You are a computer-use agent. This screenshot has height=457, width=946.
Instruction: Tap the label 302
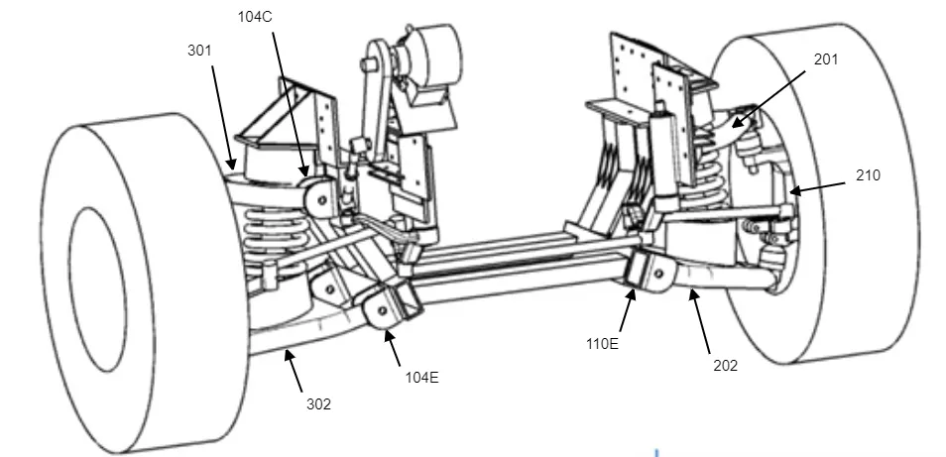click(x=317, y=403)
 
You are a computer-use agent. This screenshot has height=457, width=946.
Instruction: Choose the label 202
click(x=725, y=365)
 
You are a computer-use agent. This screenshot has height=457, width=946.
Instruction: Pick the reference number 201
click(x=826, y=59)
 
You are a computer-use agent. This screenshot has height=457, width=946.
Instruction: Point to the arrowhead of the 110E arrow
click(x=631, y=290)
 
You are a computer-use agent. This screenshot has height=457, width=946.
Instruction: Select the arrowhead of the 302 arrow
click(x=285, y=349)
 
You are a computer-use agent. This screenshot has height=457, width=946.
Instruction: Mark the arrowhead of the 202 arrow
click(x=690, y=290)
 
